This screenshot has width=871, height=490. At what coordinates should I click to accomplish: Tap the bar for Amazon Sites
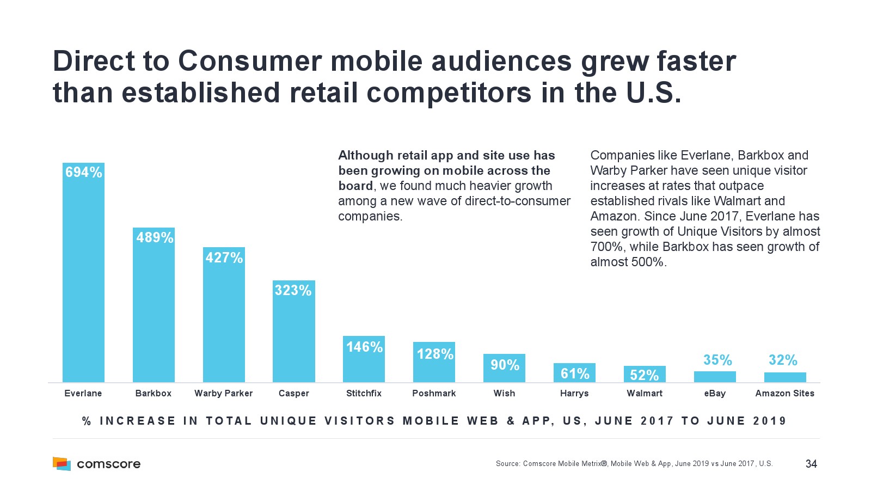[784, 377]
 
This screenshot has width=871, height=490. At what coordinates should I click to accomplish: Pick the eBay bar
[714, 376]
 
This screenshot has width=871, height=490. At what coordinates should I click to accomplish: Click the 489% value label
[155, 237]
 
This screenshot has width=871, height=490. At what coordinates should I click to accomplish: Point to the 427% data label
[224, 258]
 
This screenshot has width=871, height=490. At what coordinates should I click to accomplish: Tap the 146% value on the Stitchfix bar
[364, 347]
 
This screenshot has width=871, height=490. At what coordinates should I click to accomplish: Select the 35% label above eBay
[717, 360]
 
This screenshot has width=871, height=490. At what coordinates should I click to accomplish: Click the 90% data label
[505, 365]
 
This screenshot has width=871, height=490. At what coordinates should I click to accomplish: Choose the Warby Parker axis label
[223, 393]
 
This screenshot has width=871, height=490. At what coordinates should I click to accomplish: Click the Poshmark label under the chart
[434, 393]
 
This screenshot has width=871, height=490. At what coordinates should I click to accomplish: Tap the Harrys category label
[574, 393]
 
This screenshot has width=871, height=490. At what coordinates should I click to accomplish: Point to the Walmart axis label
[645, 393]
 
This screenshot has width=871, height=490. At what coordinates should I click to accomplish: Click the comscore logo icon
[62, 463]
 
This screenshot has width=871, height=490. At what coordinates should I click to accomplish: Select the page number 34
[811, 464]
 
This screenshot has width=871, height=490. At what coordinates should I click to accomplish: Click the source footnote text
[634, 464]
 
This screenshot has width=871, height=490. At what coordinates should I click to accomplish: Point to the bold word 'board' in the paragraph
[355, 186]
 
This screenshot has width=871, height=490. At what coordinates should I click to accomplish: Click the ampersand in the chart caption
[511, 421]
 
